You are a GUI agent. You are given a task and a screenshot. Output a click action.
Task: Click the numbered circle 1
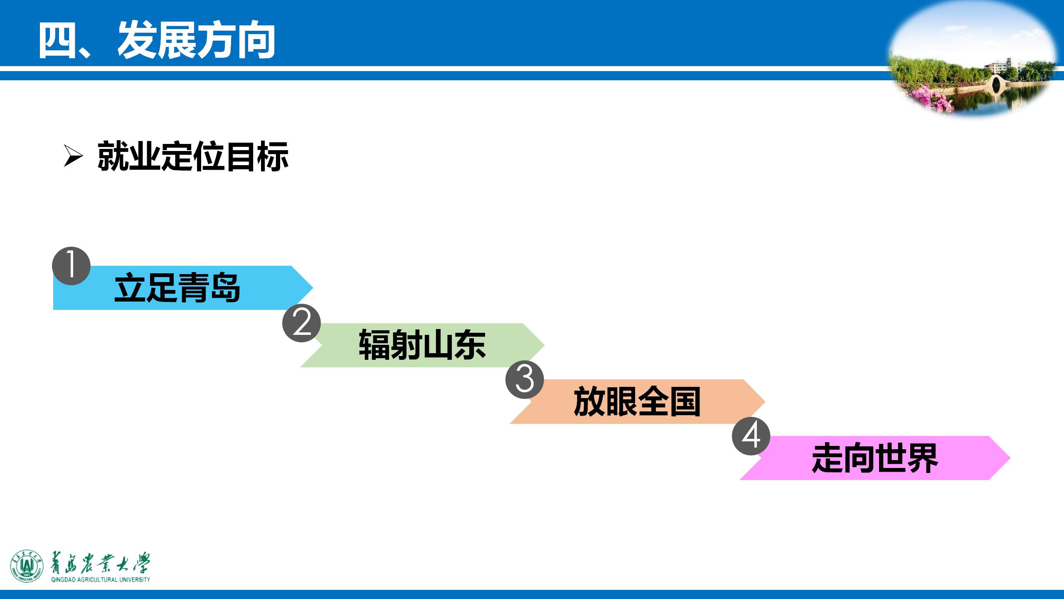coord(71,266)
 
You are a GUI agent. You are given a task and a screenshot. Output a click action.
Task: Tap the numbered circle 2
coord(301,324)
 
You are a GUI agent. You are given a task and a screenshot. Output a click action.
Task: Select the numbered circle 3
coord(525,380)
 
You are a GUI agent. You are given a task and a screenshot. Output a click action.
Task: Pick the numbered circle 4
coord(751,436)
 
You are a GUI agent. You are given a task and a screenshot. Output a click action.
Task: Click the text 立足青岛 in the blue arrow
coord(177,288)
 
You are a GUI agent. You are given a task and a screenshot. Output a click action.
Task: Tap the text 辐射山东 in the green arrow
coord(422,345)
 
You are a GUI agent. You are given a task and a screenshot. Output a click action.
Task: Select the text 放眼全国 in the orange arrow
coord(637,401)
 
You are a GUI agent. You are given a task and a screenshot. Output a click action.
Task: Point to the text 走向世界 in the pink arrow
coord(875,458)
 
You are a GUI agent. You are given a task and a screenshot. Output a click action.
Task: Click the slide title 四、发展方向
coord(157,41)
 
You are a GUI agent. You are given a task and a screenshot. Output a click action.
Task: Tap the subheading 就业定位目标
coord(193,157)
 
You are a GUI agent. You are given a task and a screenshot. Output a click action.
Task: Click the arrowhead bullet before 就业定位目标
coord(73,157)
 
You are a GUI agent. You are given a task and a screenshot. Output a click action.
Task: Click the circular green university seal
coord(27,566)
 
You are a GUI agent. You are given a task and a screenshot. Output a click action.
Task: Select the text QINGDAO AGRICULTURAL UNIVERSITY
coord(101,579)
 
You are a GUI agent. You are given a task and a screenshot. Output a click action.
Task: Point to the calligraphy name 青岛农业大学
coord(100,564)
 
